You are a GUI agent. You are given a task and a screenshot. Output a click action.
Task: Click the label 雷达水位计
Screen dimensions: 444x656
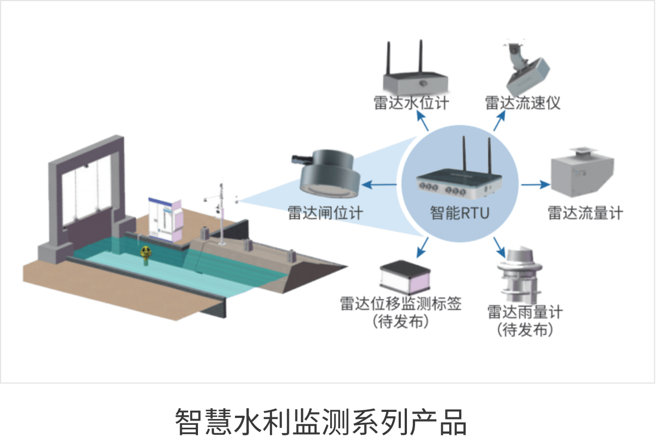point(411,103)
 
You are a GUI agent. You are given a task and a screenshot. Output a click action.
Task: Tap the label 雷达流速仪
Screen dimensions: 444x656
point(523,103)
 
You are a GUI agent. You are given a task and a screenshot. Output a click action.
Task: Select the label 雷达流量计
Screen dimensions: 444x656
point(585,213)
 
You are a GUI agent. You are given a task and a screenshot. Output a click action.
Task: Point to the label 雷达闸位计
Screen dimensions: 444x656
point(325,213)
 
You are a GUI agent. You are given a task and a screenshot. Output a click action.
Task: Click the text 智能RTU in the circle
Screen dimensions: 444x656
point(460,213)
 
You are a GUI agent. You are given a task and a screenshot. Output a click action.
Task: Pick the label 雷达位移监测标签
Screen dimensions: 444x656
point(401,304)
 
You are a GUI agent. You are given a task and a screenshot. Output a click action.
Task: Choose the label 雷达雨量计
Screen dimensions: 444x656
point(525,313)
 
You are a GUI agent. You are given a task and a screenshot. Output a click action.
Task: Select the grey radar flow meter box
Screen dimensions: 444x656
point(582,174)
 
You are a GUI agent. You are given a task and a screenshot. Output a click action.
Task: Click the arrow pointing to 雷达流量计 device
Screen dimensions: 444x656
point(535,185)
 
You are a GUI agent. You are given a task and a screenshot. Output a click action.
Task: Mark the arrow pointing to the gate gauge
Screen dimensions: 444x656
point(380,185)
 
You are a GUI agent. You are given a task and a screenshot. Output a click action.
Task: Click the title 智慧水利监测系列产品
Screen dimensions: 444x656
point(320,421)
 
